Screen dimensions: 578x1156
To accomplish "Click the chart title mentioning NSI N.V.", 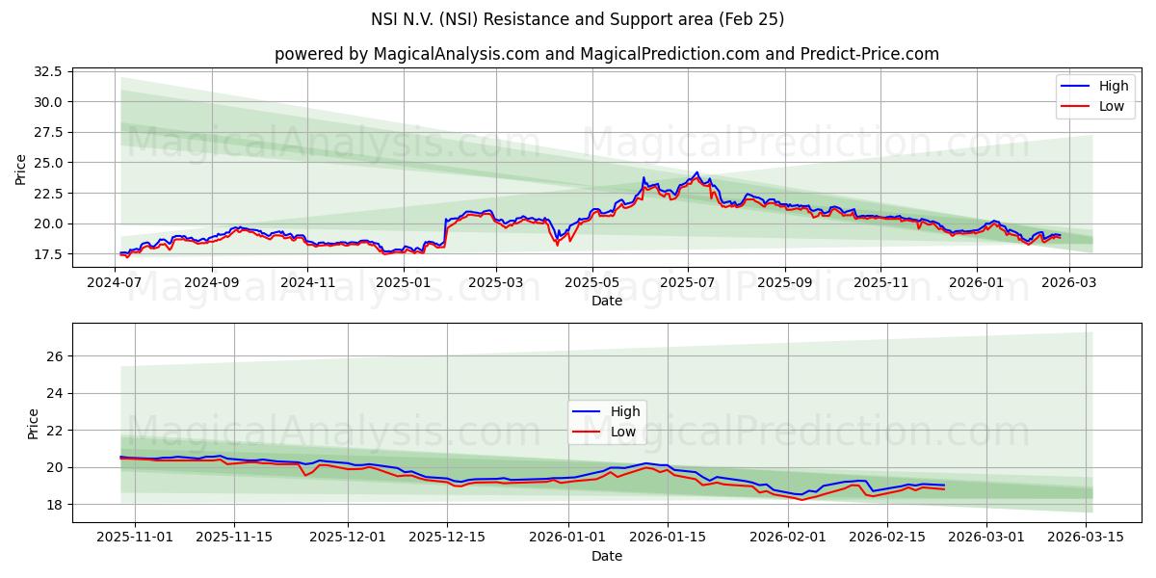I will [x=577, y=19].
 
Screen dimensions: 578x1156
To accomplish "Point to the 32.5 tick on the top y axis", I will [x=48, y=71].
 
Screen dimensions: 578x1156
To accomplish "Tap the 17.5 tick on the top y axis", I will [x=48, y=254].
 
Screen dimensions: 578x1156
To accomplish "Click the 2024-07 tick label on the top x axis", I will [x=116, y=282].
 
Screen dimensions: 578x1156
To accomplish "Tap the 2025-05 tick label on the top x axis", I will [x=592, y=282].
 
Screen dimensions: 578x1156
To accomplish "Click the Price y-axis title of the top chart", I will [x=21, y=170].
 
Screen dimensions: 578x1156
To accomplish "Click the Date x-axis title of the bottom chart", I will [x=607, y=556].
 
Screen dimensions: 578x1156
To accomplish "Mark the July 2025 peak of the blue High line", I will [x=696, y=172].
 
